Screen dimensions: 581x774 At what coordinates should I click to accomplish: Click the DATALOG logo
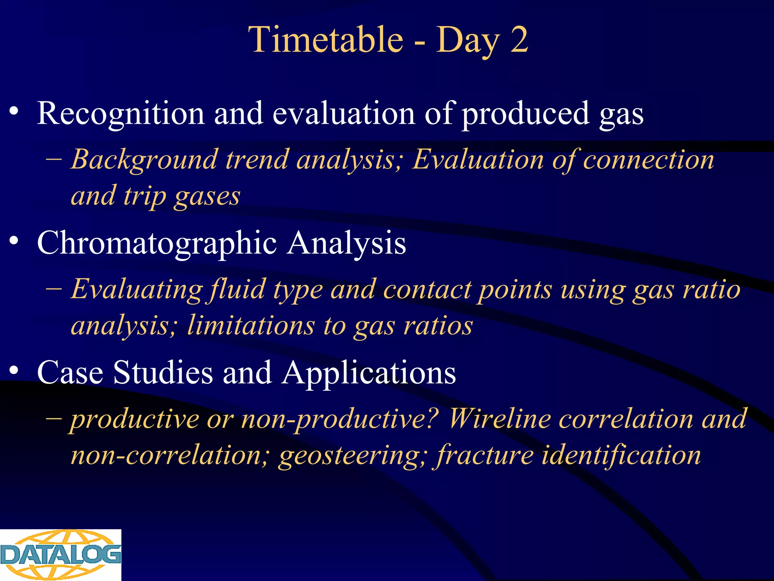click(60, 555)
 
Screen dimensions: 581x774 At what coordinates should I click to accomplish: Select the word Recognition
click(121, 114)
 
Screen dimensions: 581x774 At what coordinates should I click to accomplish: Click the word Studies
click(163, 373)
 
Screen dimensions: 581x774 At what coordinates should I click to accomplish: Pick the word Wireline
click(499, 419)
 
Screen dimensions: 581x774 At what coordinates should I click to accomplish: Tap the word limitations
click(251, 326)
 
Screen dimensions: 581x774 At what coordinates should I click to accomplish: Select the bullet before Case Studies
click(14, 370)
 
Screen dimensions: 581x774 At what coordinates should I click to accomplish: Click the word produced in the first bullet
click(526, 114)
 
